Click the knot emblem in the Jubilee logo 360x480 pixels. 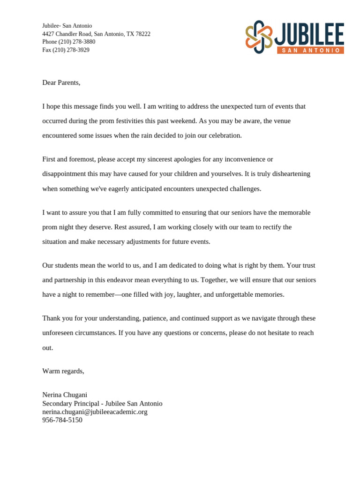(259, 37)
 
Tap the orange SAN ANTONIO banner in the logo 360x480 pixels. (310, 50)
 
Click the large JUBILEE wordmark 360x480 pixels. (310, 34)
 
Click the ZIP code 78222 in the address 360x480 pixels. (142, 34)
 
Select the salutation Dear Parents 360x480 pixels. (61, 82)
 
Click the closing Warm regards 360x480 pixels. (63, 371)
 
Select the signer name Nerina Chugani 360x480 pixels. (65, 395)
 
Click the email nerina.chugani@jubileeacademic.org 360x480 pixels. (95, 412)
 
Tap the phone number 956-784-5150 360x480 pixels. (62, 420)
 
